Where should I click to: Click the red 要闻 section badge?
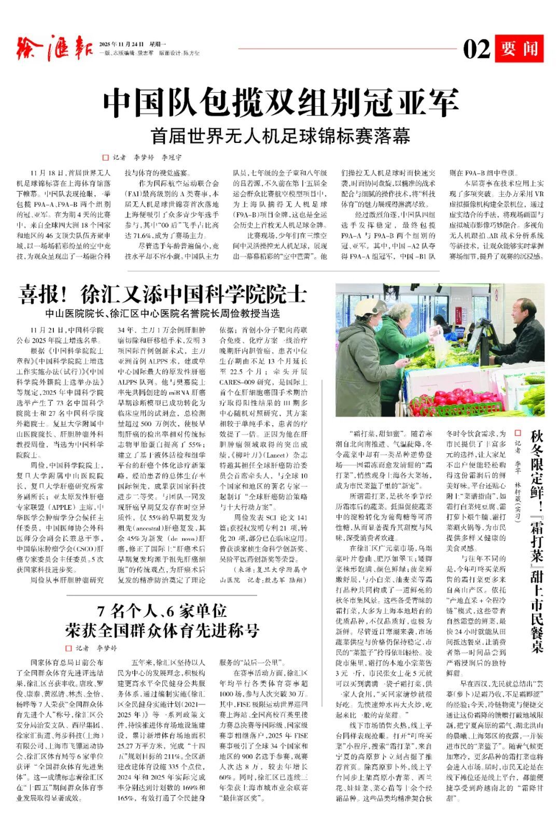pos(519,49)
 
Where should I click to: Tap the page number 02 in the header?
pos(476,50)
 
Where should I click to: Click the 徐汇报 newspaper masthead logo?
pos(54,48)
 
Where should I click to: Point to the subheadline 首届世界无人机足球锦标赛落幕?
pos(281,136)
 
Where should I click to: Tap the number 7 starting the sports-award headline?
pos(102,611)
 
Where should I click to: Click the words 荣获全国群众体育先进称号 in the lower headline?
pos(162,630)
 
